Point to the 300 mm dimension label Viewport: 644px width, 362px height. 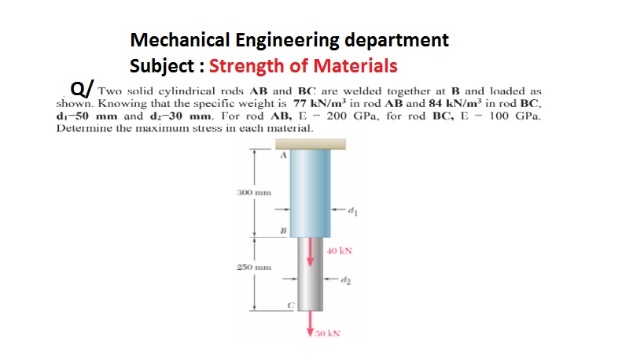pyautogui.click(x=253, y=191)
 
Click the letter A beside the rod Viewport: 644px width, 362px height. pyautogui.click(x=284, y=157)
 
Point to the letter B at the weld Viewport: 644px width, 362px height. pyautogui.click(x=284, y=230)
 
